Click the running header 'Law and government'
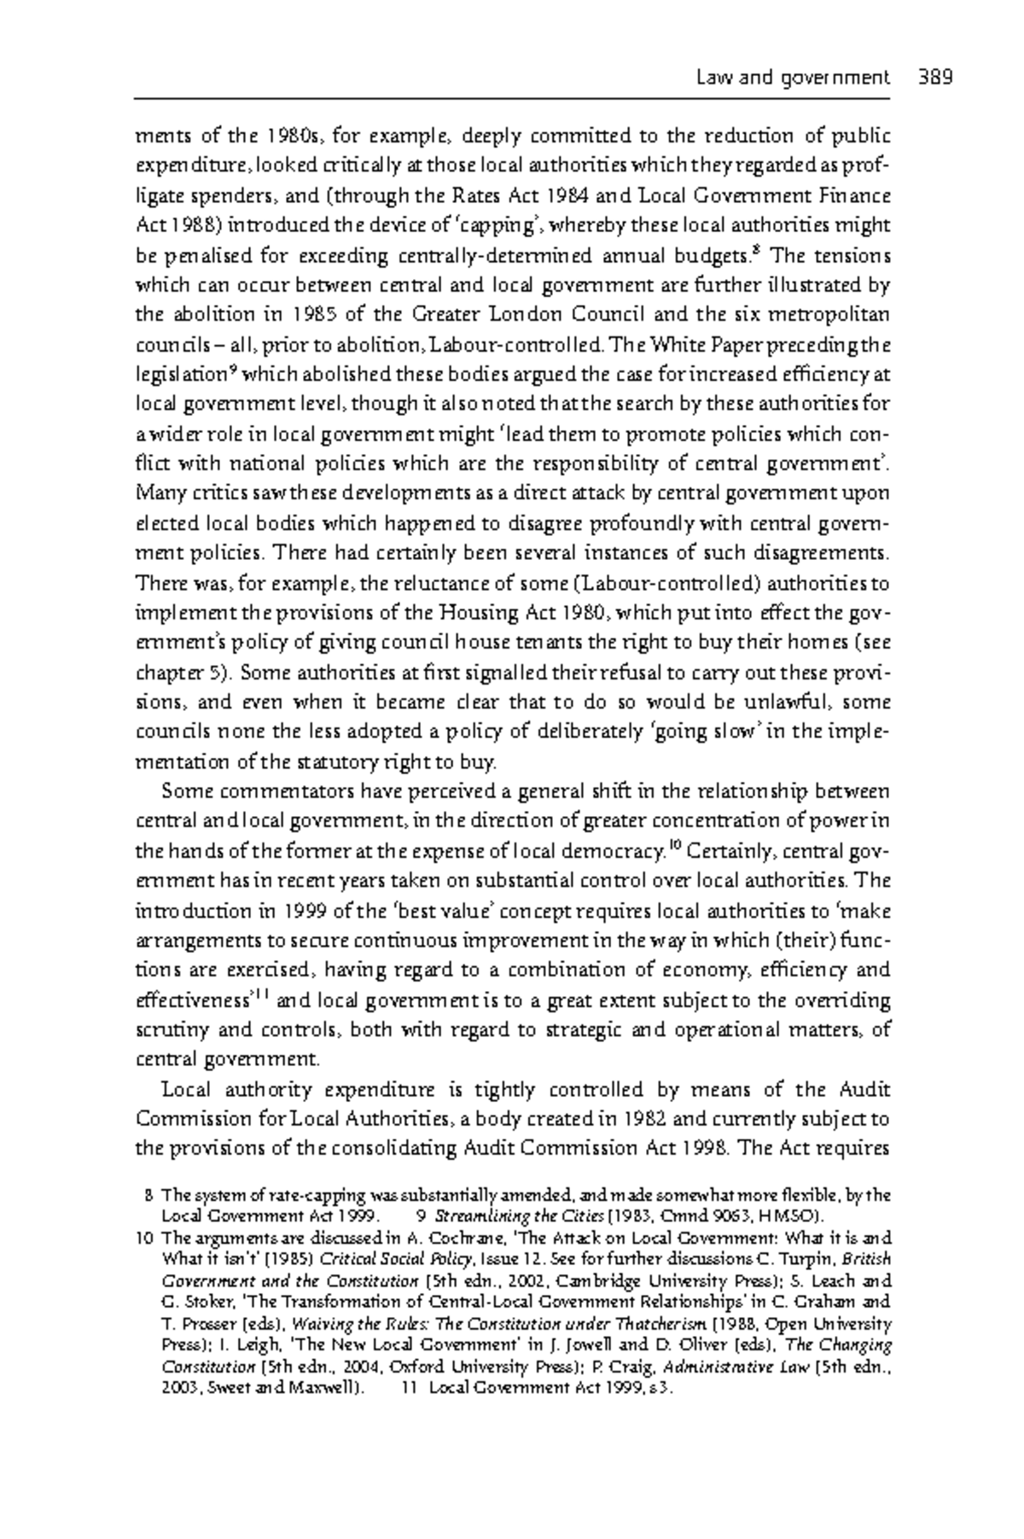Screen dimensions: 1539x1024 tap(792, 78)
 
